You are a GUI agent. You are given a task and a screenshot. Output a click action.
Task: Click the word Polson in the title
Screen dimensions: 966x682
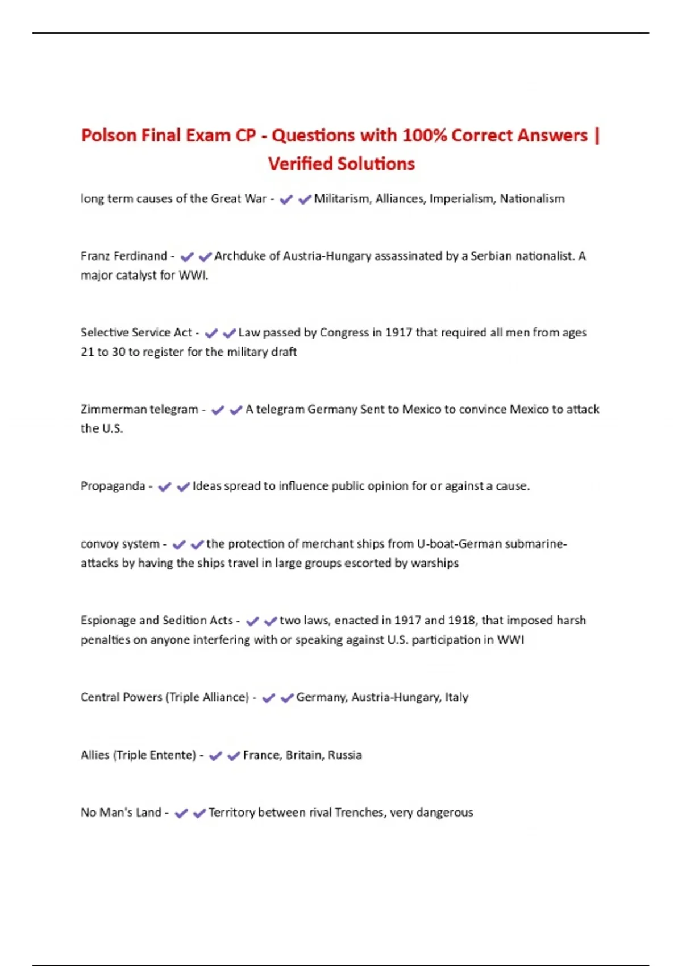109,136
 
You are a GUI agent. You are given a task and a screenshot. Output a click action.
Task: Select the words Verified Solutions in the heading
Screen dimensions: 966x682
341,164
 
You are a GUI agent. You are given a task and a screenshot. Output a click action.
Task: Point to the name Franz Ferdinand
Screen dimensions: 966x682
123,256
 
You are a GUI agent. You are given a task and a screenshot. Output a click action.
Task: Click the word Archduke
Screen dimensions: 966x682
239,256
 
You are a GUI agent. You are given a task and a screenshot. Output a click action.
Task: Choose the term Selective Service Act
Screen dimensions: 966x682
136,332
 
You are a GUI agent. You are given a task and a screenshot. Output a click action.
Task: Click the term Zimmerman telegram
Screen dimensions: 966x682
139,409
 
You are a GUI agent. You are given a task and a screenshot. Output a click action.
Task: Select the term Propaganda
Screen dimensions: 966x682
113,486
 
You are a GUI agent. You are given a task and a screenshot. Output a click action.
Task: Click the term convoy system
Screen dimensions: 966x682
120,544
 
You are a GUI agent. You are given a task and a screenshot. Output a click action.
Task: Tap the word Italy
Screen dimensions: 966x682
456,697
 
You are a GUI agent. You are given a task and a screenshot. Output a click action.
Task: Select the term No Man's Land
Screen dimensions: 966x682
120,813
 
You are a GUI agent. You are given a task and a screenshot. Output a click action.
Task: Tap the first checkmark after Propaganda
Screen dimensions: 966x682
165,487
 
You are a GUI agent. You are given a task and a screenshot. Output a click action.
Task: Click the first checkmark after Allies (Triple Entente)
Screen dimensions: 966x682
215,756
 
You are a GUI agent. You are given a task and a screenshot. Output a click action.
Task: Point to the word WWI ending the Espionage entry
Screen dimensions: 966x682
510,640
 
